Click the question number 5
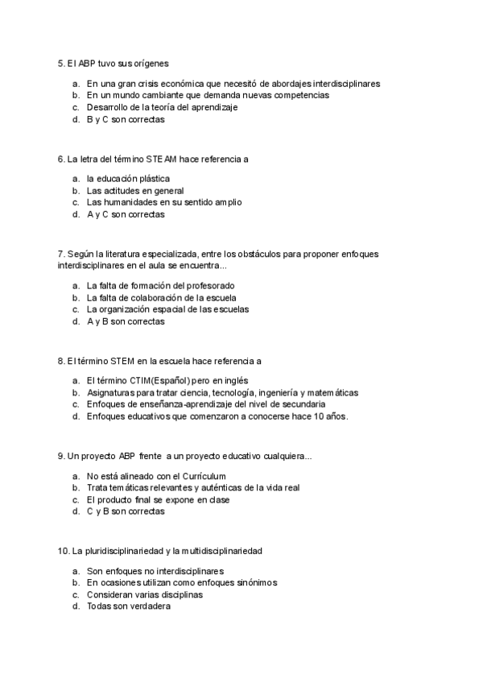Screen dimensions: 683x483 click(x=60, y=63)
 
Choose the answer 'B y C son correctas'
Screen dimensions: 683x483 click(x=125, y=119)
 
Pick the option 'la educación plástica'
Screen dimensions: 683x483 click(x=128, y=178)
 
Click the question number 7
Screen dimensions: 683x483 click(x=60, y=254)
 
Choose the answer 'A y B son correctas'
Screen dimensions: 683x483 click(x=125, y=321)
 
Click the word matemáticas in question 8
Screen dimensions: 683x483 click(x=332, y=392)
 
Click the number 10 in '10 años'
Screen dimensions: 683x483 click(x=319, y=416)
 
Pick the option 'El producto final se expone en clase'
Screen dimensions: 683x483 click(x=158, y=499)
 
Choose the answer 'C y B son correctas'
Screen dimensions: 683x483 click(x=125, y=511)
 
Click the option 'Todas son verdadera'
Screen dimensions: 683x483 click(x=128, y=606)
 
